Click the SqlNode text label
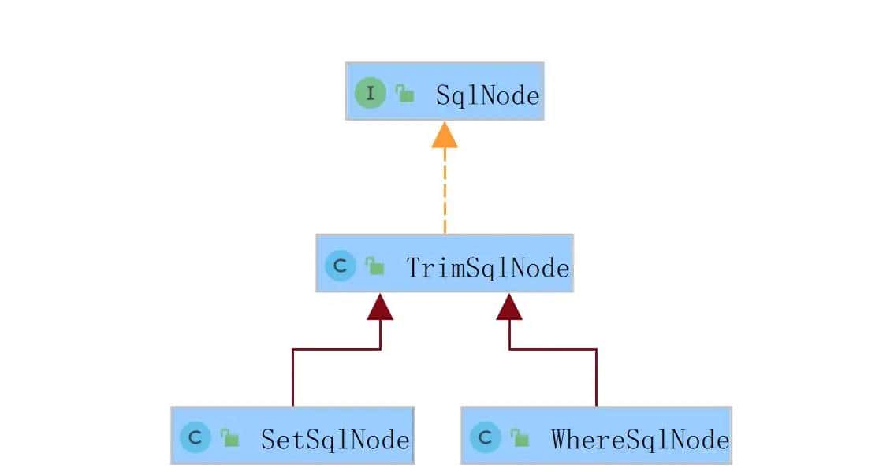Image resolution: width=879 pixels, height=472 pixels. [487, 96]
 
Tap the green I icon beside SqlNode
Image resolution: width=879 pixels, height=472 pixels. [370, 94]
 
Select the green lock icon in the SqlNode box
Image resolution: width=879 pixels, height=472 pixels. [405, 95]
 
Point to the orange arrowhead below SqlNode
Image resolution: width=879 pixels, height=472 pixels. [445, 136]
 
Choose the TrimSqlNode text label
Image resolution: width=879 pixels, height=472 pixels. [487, 268]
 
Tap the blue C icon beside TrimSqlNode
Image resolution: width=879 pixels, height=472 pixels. [341, 266]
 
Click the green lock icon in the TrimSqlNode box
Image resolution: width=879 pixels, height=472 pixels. [375, 267]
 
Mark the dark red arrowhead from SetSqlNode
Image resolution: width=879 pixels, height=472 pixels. [381, 307]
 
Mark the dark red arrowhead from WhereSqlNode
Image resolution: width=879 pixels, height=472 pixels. [509, 307]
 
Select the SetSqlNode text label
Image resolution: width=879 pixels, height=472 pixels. [335, 439]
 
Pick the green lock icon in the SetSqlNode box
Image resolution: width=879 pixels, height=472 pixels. [229, 437]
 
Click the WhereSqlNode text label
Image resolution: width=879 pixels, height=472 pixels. [639, 439]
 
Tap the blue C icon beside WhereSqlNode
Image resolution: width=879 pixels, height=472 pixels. [485, 437]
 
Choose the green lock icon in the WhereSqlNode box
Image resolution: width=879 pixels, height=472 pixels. [520, 437]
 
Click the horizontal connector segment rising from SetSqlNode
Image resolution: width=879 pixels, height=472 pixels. [337, 348]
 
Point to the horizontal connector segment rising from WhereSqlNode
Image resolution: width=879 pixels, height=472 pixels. [553, 348]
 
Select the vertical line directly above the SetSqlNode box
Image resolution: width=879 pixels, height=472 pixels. [292, 377]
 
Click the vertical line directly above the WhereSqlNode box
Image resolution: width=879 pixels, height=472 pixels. [596, 377]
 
